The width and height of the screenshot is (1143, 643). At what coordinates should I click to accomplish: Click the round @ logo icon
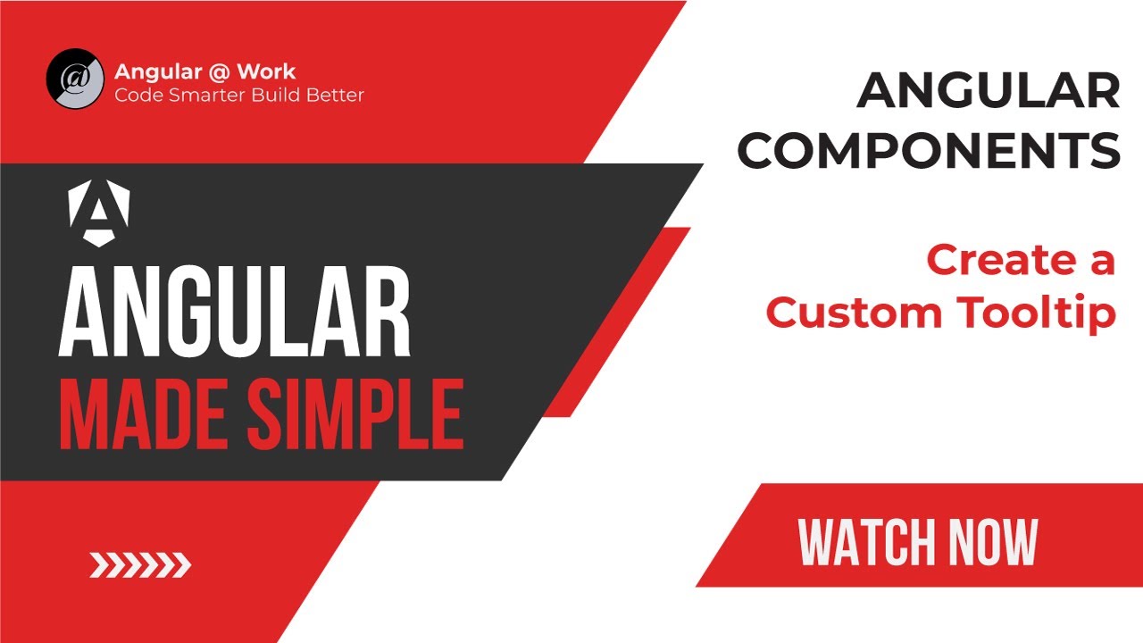click(76, 79)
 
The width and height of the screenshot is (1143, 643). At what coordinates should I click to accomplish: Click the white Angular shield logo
click(99, 212)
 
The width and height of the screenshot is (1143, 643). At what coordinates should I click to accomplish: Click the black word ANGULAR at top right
click(989, 92)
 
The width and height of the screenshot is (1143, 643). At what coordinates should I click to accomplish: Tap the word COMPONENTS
click(929, 150)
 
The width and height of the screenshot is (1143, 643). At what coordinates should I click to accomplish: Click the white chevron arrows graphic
click(140, 564)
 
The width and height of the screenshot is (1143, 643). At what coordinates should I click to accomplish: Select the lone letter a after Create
click(1101, 262)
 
